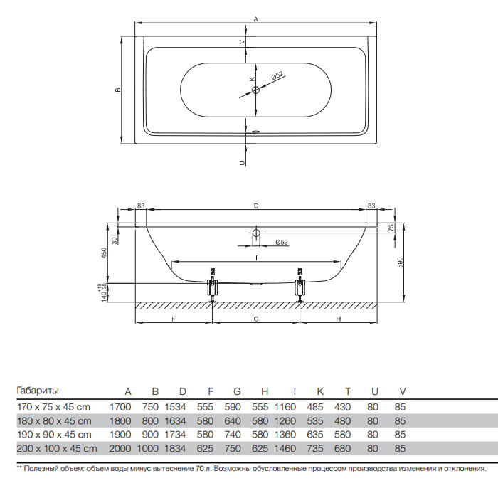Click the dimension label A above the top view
255,19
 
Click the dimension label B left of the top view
118,90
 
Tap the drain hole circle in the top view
255,90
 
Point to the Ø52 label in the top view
277,75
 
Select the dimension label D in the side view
256,206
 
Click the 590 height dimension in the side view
400,263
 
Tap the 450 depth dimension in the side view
104,253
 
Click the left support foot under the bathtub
212,285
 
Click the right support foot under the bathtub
300,285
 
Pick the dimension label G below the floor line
256,319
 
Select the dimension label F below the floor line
174,319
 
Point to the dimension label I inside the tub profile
256,258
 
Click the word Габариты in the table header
38,391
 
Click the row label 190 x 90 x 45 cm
54,435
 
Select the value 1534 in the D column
175,407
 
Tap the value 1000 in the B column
148,448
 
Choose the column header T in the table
348,391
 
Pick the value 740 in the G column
233,435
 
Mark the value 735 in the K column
315,448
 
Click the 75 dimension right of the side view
391,228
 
